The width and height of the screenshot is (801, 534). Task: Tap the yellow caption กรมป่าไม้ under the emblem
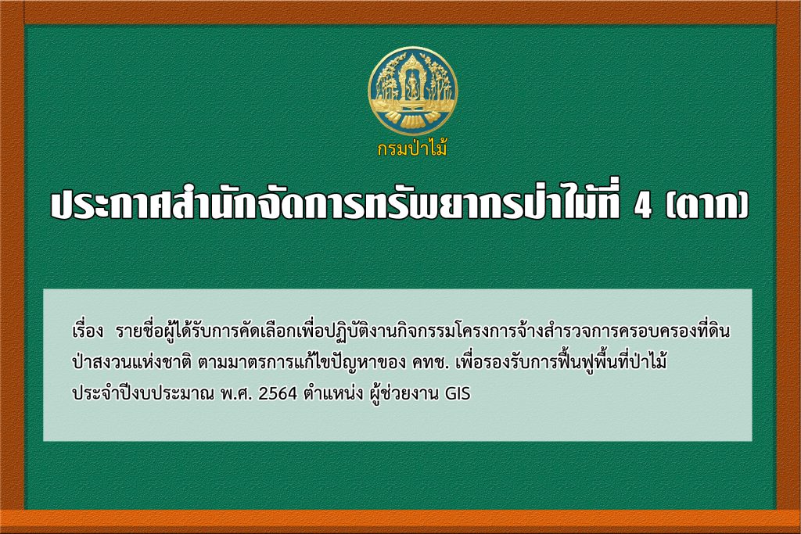412,149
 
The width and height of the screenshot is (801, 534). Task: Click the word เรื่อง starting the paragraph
88,331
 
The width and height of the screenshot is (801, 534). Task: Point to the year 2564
278,393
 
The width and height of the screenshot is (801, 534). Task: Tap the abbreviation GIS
458,393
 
